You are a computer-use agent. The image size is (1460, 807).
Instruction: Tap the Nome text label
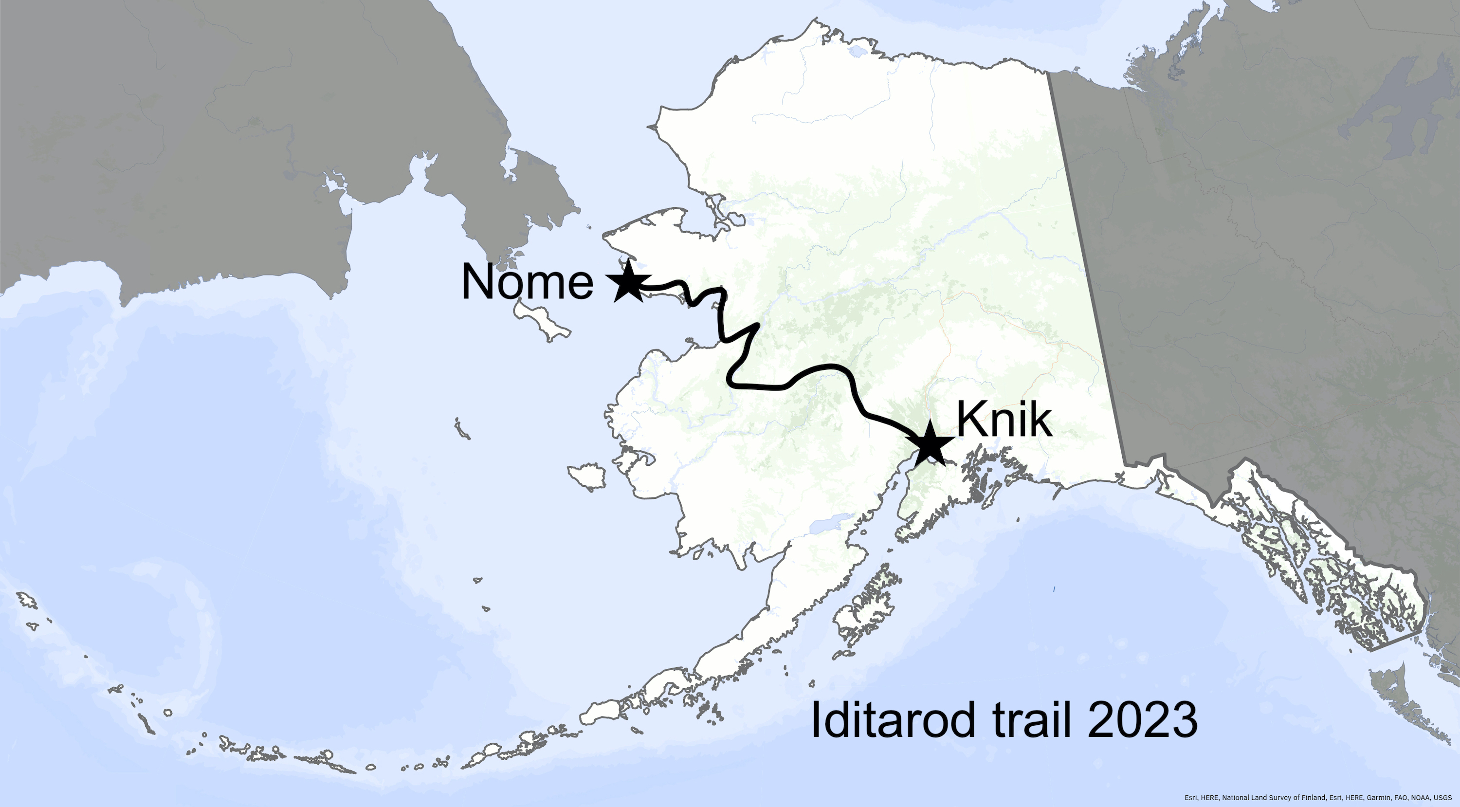tap(527, 282)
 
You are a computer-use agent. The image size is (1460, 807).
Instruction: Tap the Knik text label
tap(1004, 421)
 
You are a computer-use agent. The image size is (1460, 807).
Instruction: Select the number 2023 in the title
tap(1143, 720)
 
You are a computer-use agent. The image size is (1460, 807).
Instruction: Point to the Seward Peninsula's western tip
tap(605, 234)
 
